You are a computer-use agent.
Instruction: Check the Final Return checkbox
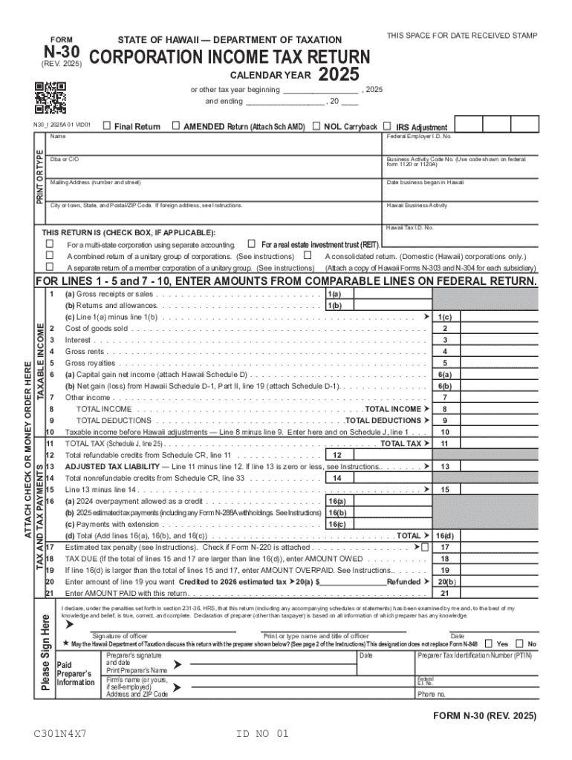[107, 126]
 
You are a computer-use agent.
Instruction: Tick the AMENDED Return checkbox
[175, 126]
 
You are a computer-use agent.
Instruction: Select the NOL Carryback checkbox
[317, 126]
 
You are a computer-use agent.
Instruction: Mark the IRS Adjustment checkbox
[389, 126]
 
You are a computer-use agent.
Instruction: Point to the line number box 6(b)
[444, 386]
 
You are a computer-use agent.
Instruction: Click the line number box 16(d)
[444, 535]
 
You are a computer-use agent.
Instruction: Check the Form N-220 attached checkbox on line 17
[425, 547]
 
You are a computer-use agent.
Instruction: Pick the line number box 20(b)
[444, 582]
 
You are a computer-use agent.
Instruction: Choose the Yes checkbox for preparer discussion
[488, 643]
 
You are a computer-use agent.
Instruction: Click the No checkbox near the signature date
[521, 643]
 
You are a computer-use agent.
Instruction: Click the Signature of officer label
[120, 636]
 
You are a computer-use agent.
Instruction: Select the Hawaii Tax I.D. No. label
[410, 227]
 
